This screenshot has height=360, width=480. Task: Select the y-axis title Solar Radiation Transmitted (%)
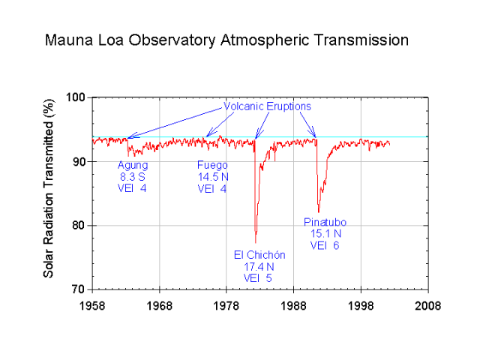pos(49,193)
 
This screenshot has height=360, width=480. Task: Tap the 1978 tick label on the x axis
pos(226,305)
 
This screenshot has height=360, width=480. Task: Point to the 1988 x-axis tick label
pos(294,305)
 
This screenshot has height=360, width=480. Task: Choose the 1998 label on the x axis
pos(361,305)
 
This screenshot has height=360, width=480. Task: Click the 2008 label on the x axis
pos(428,305)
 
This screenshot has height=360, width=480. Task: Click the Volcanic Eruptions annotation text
pos(267,106)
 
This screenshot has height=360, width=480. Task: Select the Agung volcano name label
pos(133,165)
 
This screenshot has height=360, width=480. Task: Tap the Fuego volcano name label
pos(211,165)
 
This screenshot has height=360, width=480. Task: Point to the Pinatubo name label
pos(325,222)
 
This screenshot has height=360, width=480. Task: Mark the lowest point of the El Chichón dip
pos(256,241)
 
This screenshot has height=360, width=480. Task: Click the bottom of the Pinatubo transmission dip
pos(319,212)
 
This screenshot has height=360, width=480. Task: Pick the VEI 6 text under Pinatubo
pos(325,245)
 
